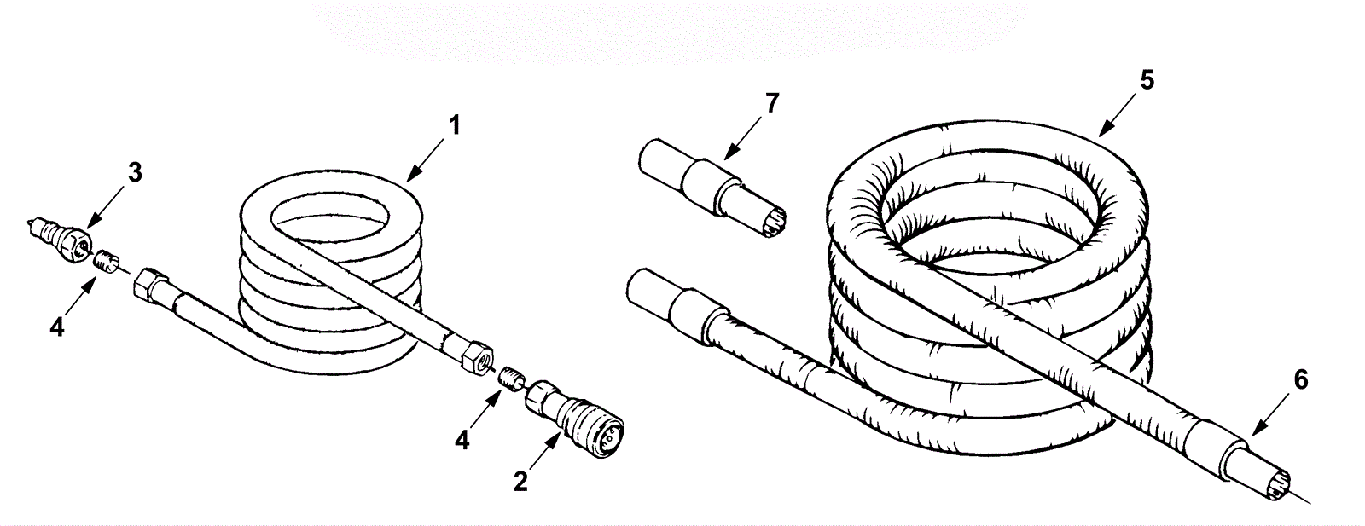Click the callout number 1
[454, 125]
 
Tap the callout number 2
[520, 481]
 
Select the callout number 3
[135, 173]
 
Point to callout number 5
[1147, 80]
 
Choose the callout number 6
[1300, 380]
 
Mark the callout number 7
[772, 103]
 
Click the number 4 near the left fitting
[56, 327]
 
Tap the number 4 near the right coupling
[462, 440]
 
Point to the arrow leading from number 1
[425, 160]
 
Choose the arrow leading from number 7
[744, 138]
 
